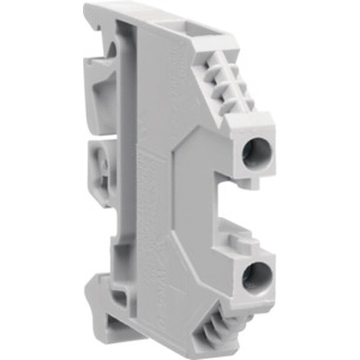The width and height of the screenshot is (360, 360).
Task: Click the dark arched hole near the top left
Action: tap(112, 50)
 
